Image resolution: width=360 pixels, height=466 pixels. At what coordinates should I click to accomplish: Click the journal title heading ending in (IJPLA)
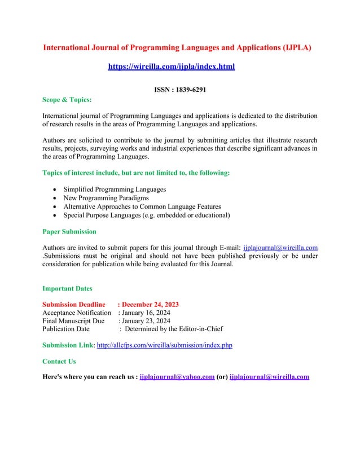177,47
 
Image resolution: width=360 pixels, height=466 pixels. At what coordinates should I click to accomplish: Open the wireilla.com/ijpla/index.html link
171,67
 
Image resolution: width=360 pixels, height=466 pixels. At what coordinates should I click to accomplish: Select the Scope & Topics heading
67,100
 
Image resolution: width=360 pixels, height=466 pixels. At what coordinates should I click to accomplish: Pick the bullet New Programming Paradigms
106,198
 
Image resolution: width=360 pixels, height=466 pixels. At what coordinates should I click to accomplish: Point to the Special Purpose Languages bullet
146,215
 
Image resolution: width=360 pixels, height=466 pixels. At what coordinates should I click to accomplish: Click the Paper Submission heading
69,231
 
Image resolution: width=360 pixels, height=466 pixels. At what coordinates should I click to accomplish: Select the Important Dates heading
68,288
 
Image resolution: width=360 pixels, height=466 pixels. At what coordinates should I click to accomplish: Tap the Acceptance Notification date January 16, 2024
144,313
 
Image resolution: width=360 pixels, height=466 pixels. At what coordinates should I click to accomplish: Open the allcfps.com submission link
165,345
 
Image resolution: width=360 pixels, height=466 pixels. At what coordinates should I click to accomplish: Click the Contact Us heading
59,361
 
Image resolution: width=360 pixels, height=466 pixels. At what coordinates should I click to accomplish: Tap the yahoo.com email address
177,377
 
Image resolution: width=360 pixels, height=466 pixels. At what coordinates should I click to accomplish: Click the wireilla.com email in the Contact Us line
269,377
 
